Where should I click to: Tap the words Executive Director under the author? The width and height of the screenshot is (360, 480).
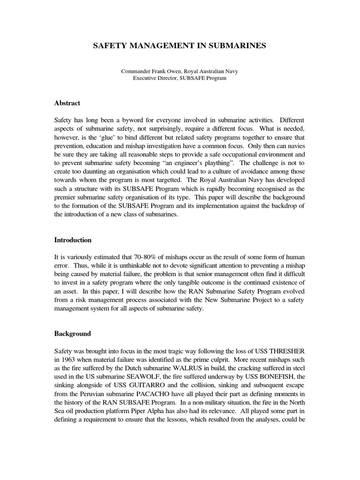coord(155,78)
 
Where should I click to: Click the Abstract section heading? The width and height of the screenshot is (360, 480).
coord(67,103)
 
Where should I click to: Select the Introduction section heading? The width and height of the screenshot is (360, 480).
coord(73,240)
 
